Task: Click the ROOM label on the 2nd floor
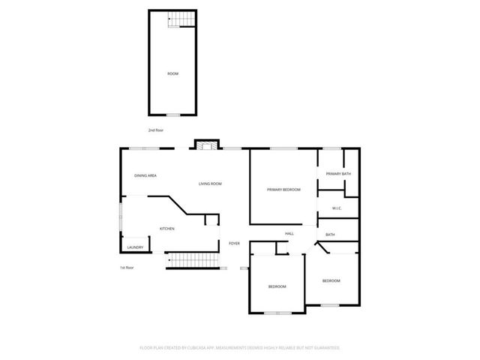pyautogui.click(x=172, y=73)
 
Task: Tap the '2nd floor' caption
pyautogui.click(x=155, y=130)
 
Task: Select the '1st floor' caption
pyautogui.click(x=126, y=268)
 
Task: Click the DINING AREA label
pyautogui.click(x=145, y=175)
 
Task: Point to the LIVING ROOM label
pyautogui.click(x=210, y=184)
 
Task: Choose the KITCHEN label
pyautogui.click(x=167, y=229)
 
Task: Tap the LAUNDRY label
pyautogui.click(x=135, y=247)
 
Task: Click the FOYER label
pyautogui.click(x=234, y=244)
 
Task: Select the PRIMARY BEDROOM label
pyautogui.click(x=283, y=190)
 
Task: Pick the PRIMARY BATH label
pyautogui.click(x=338, y=174)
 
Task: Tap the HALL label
pyautogui.click(x=289, y=234)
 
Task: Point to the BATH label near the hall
pyautogui.click(x=330, y=235)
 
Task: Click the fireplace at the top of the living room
pyautogui.click(x=205, y=144)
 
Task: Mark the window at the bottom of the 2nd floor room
pyautogui.click(x=172, y=115)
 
